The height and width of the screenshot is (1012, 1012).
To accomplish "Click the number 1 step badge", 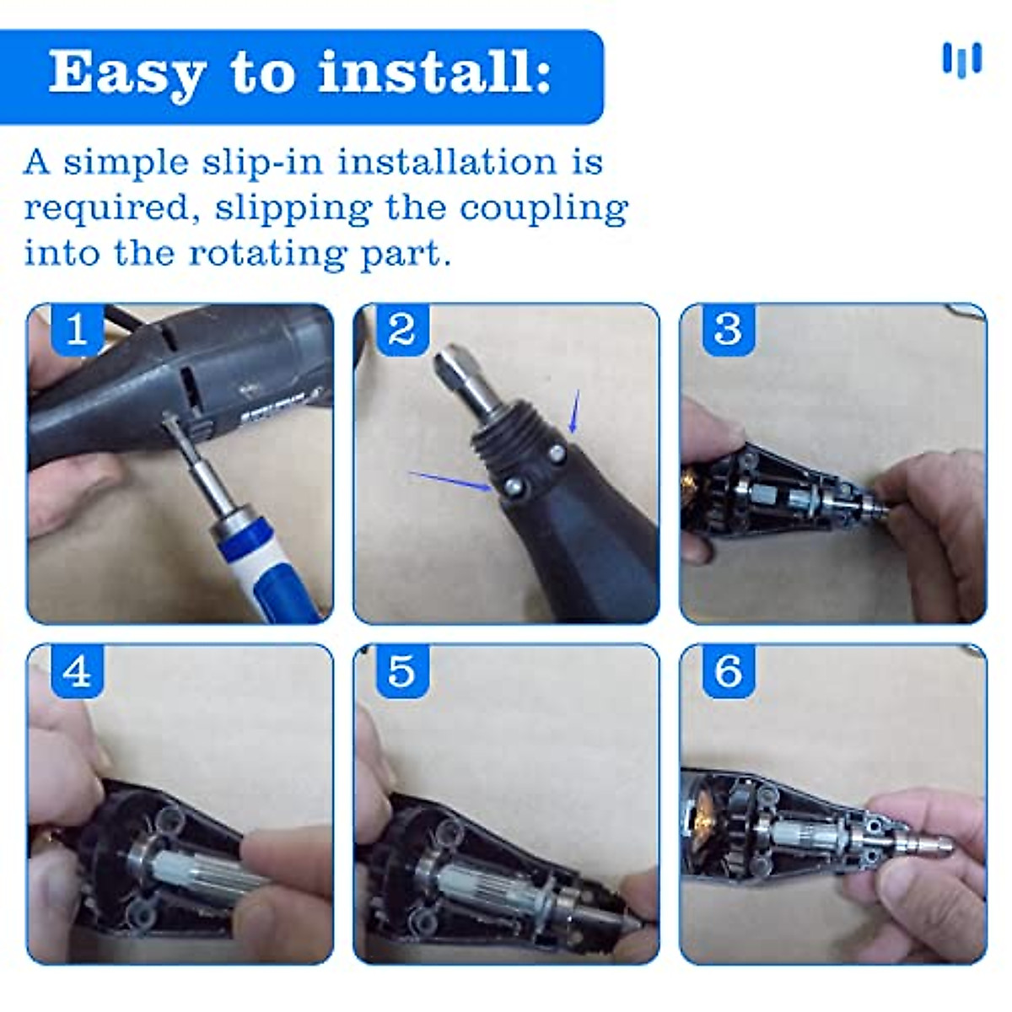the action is point(78,330).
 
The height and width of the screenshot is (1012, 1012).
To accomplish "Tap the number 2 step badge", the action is point(403,330).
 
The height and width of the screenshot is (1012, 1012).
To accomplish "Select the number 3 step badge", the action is point(729,330).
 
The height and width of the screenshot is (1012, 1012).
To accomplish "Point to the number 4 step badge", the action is point(78,671).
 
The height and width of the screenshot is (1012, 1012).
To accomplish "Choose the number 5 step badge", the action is point(403,671).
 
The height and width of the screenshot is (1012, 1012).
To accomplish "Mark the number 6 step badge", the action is point(729,671).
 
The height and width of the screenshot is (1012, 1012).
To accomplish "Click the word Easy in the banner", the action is point(126,74).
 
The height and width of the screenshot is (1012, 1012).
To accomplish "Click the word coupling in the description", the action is point(544,209).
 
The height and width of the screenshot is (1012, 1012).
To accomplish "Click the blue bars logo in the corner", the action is point(962,61).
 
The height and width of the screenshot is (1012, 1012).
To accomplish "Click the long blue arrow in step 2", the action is point(449,481).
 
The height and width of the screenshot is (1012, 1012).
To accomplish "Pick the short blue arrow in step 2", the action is point(574,412).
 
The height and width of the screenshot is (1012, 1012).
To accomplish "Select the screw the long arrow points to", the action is point(513,487).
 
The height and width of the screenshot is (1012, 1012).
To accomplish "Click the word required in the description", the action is point(106,209).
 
